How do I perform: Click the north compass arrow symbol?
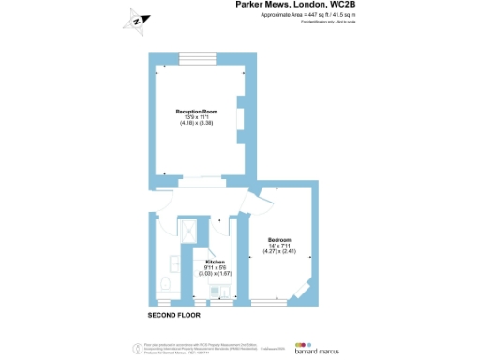(x=136, y=20)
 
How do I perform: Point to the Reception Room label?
(x=197, y=112)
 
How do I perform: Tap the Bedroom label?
(x=279, y=239)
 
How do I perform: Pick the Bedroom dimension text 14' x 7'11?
(x=279, y=246)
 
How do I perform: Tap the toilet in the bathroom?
(x=164, y=284)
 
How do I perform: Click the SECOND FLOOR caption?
(x=174, y=314)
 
